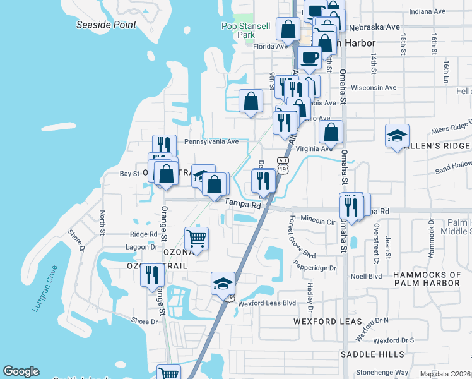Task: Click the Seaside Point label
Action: click(x=106, y=25)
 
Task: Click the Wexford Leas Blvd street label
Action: click(x=267, y=303)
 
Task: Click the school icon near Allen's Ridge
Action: click(x=398, y=136)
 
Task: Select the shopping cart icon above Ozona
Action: click(x=196, y=238)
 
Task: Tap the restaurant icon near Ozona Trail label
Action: click(x=152, y=275)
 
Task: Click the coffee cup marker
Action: click(x=309, y=57)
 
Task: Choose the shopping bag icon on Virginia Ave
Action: click(x=331, y=132)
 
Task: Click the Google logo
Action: click(x=21, y=371)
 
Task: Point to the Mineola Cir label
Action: click(x=317, y=222)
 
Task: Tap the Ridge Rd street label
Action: click(x=144, y=234)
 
